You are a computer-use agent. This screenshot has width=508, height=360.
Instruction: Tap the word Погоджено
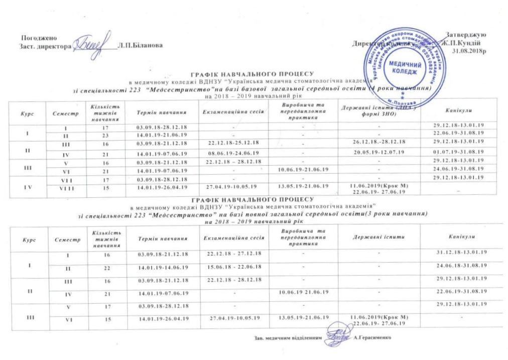tap(39, 38)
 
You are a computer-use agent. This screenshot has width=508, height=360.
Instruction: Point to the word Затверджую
tap(465, 35)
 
